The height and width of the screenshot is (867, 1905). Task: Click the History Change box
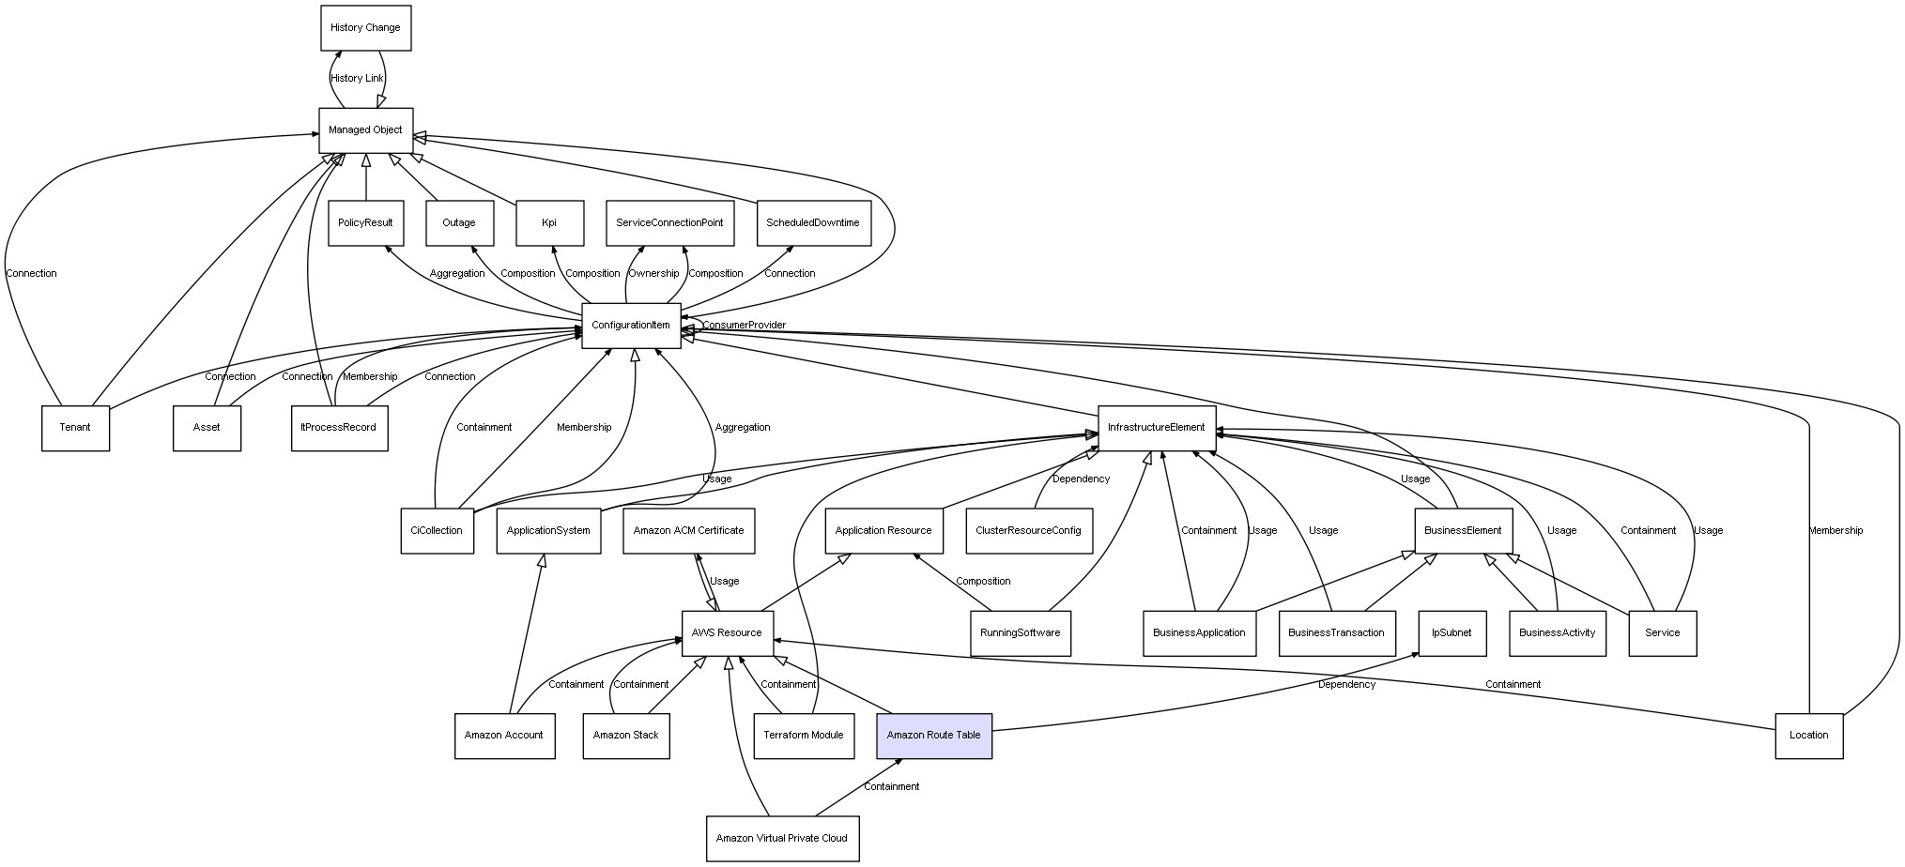click(x=365, y=28)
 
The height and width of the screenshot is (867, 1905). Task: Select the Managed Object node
click(x=365, y=130)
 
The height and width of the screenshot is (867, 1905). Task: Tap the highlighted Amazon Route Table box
click(x=933, y=736)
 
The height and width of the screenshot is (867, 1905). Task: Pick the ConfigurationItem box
click(x=631, y=326)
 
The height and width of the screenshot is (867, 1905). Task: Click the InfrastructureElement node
click(x=1156, y=428)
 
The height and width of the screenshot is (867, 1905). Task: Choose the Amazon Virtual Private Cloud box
click(x=781, y=838)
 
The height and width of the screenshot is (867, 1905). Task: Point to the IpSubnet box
click(x=1451, y=632)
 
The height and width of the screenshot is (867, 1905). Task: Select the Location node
click(x=1808, y=736)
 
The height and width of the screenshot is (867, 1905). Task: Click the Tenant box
click(x=75, y=428)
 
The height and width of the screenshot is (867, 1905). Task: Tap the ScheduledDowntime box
click(x=813, y=223)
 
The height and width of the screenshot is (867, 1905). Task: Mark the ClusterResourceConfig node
click(x=1028, y=530)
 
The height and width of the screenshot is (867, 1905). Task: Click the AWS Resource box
click(x=727, y=633)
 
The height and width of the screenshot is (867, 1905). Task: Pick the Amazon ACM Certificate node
click(x=688, y=530)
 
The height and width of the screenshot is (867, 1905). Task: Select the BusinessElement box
click(x=1463, y=530)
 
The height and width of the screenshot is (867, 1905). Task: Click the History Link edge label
click(x=357, y=79)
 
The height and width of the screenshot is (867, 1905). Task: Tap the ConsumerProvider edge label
click(x=744, y=326)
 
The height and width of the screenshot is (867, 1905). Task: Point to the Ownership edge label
click(x=653, y=274)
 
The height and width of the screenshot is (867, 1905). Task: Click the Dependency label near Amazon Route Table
click(x=1346, y=685)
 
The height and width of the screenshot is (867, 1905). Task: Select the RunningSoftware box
click(x=1020, y=633)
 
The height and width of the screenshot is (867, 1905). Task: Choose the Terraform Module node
click(x=803, y=736)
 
